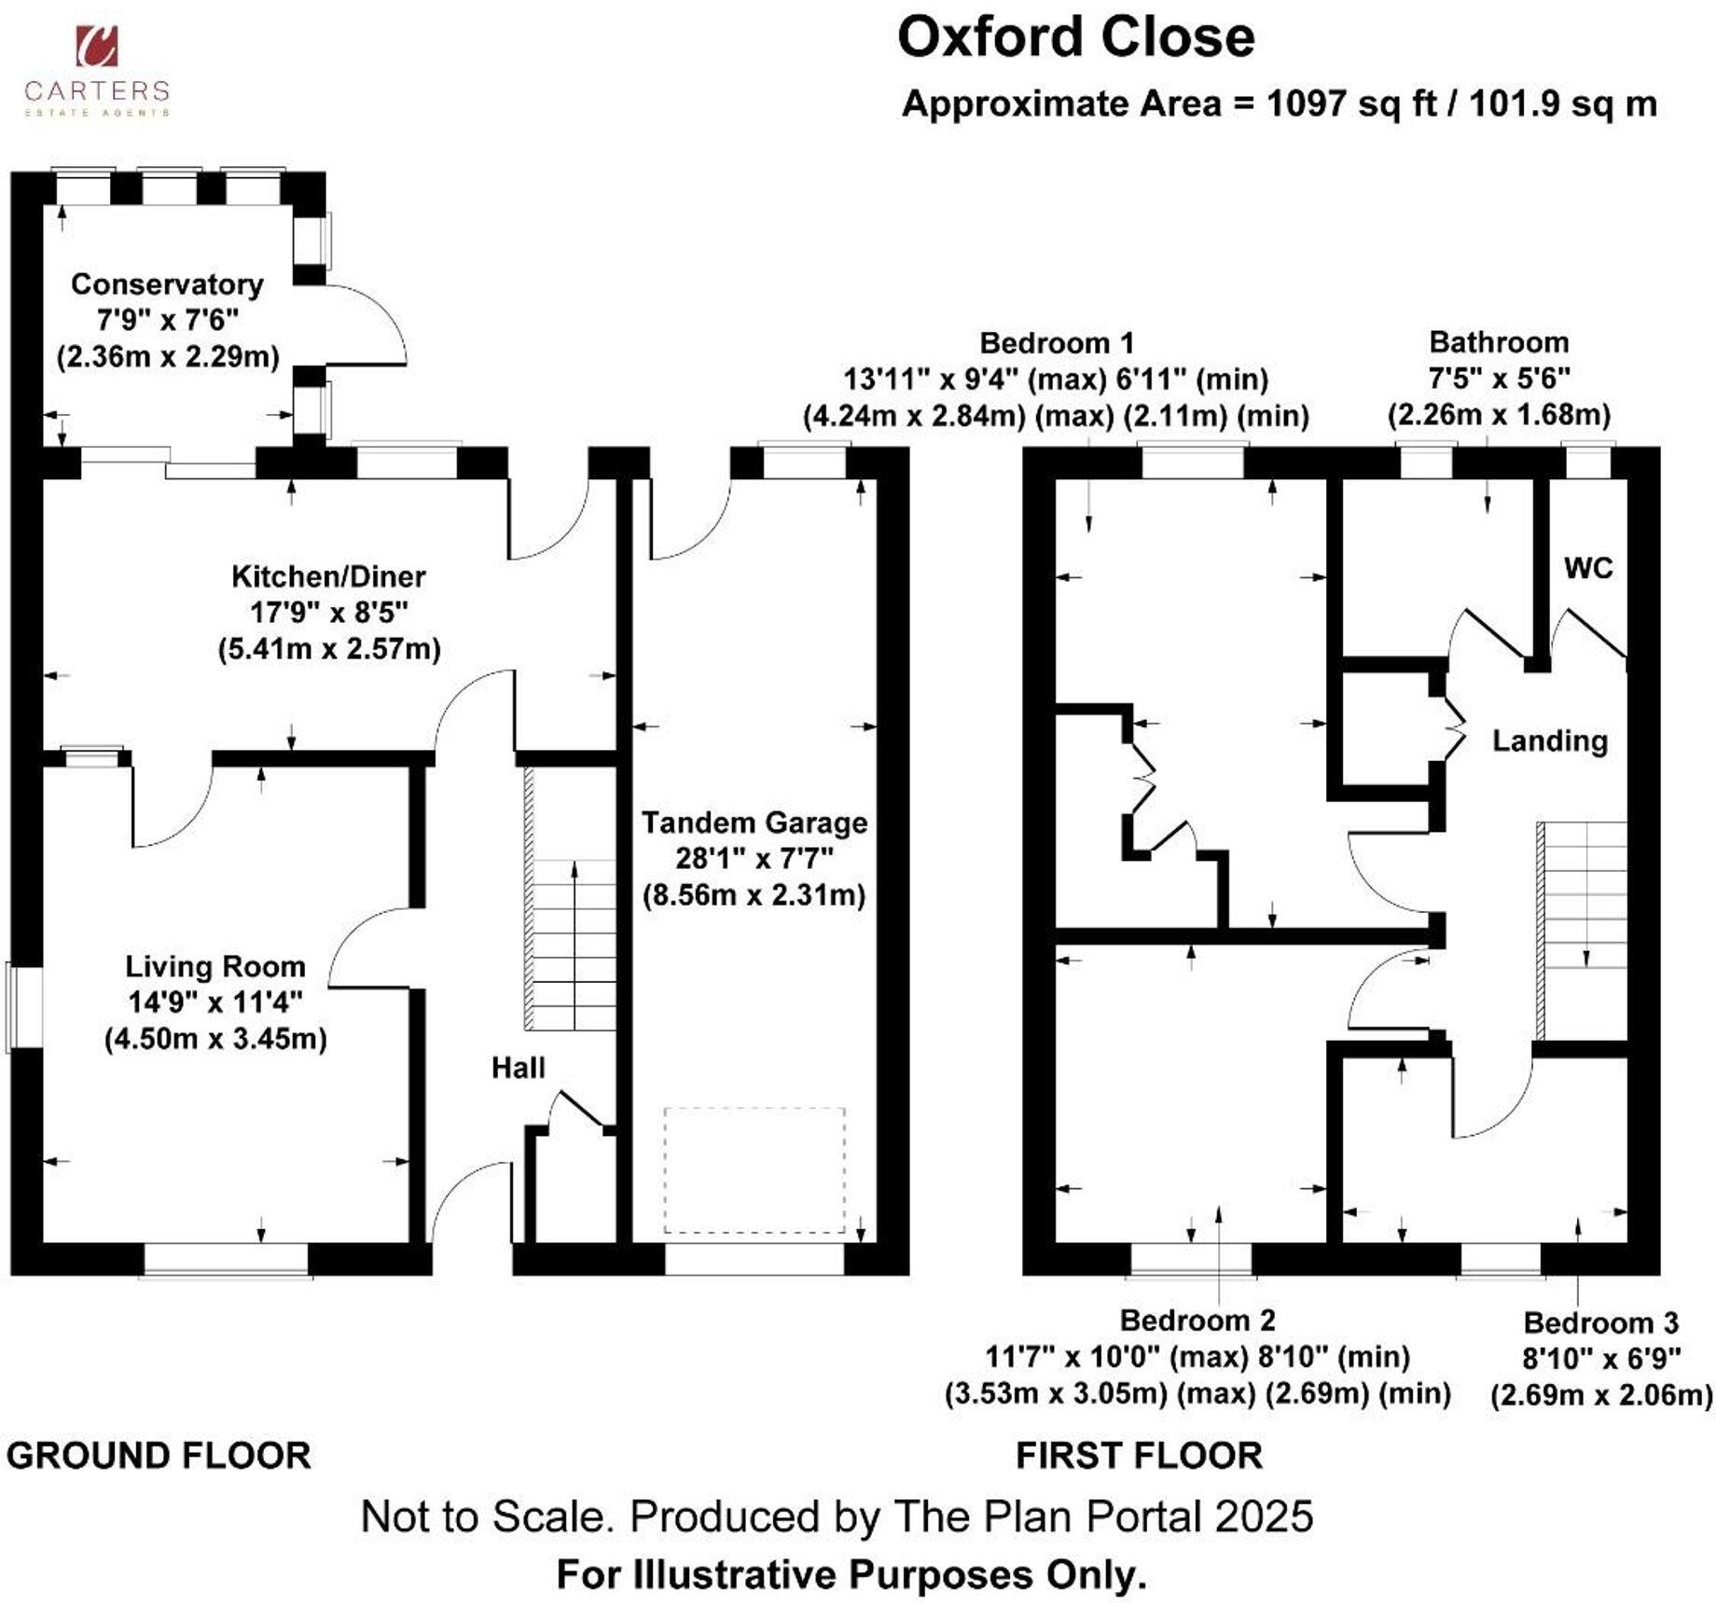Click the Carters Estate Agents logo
[x=96, y=71]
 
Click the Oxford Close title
[x=1075, y=38]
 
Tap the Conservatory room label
[x=167, y=284]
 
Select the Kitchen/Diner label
[x=328, y=576]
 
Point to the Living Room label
[x=215, y=966]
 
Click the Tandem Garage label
[x=754, y=823]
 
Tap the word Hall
[x=518, y=1068]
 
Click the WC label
[x=1588, y=568]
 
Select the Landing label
[x=1550, y=741]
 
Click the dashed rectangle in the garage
[x=754, y=1169]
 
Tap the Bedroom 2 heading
[x=1197, y=1320]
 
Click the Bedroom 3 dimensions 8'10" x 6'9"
[x=1601, y=1359]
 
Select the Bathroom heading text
[x=1499, y=342]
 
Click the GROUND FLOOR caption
[x=159, y=1456]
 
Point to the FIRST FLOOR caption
[x=1139, y=1456]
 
